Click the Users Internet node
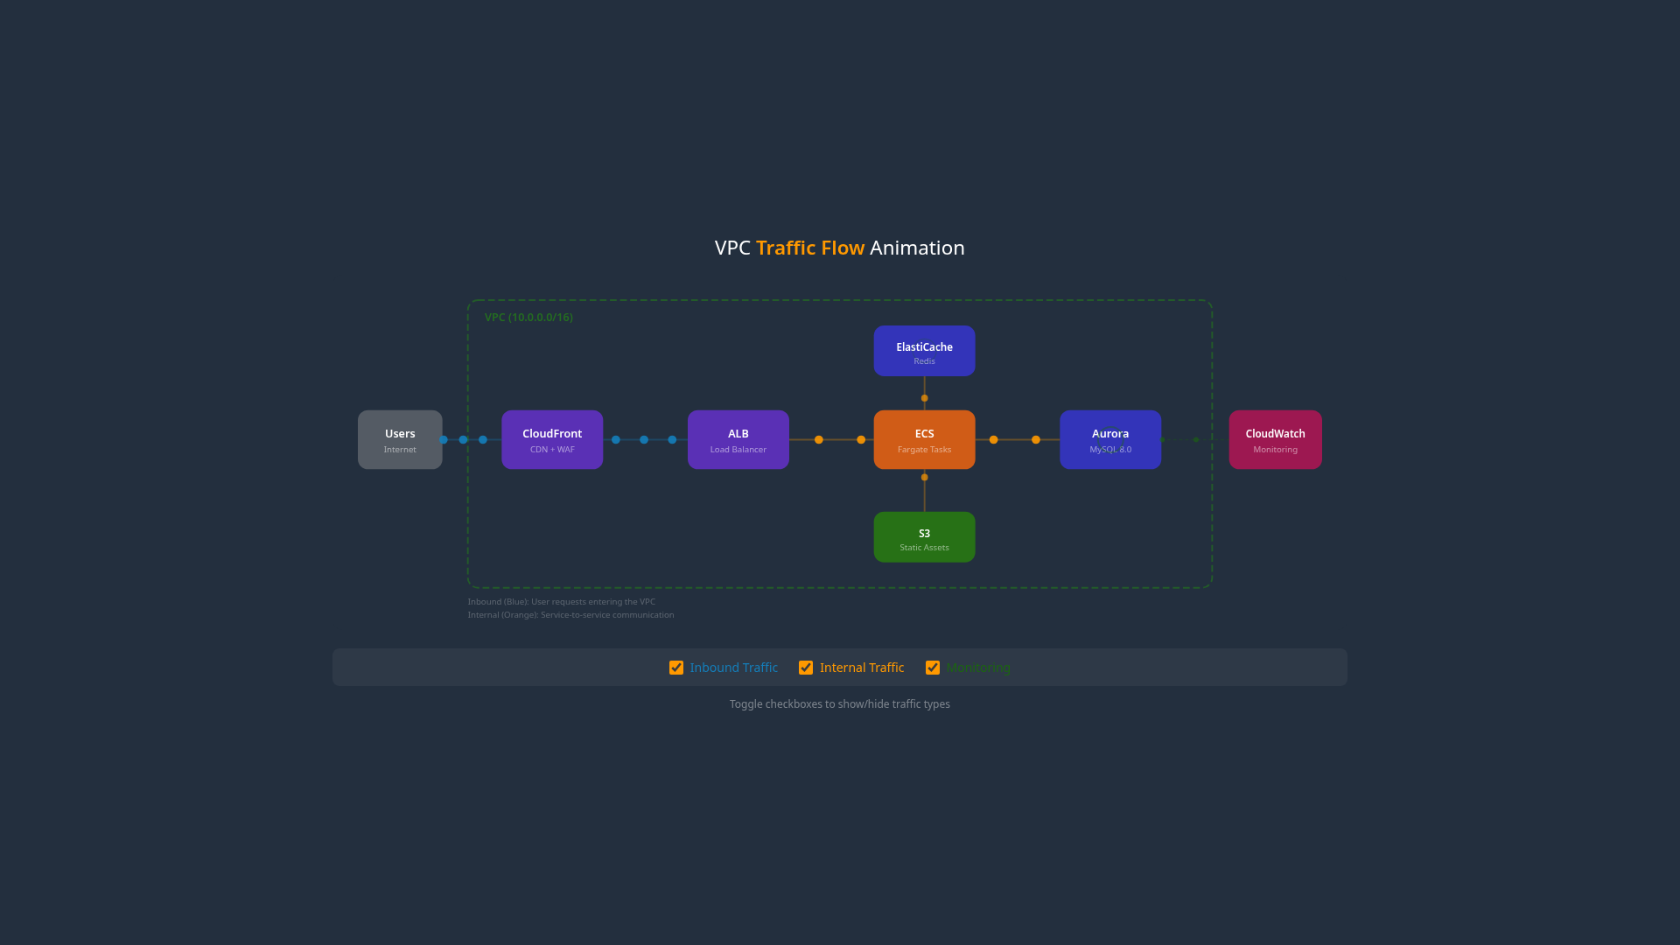400,440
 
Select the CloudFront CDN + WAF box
552,440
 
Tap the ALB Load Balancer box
738,440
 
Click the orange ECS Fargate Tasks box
924,440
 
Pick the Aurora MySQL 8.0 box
1109,440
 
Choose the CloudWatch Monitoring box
1275,440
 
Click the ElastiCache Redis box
924,351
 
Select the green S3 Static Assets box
924,537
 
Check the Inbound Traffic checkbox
676,668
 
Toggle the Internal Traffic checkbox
806,668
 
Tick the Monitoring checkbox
933,668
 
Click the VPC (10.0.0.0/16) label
528,318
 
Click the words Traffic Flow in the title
810,248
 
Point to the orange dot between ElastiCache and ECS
924,398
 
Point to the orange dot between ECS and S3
924,477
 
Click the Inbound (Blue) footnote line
561,602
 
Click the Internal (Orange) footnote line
570,615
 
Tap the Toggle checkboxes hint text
839,704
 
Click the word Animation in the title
917,248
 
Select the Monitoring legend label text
978,668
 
